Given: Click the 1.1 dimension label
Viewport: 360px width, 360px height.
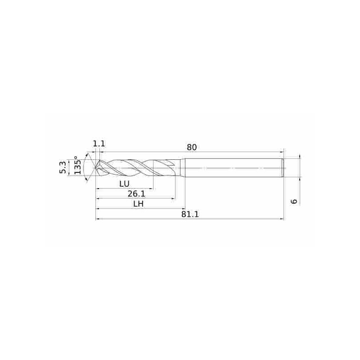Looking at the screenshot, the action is (x=99, y=144).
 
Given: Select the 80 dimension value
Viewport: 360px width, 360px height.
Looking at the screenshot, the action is (x=192, y=148).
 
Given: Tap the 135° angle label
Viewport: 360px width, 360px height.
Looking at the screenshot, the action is (x=77, y=165).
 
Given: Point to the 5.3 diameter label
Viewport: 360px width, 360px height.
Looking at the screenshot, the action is (x=63, y=167).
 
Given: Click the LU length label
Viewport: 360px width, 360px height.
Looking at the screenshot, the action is (x=125, y=184).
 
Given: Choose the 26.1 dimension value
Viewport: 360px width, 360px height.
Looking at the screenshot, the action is (x=136, y=194).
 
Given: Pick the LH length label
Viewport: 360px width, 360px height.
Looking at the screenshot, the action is (x=139, y=204).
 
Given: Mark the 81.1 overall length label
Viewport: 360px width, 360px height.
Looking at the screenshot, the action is (x=190, y=214).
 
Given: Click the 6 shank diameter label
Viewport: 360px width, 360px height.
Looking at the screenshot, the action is (x=294, y=201).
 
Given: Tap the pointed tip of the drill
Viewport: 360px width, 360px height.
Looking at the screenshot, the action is (x=96, y=168).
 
